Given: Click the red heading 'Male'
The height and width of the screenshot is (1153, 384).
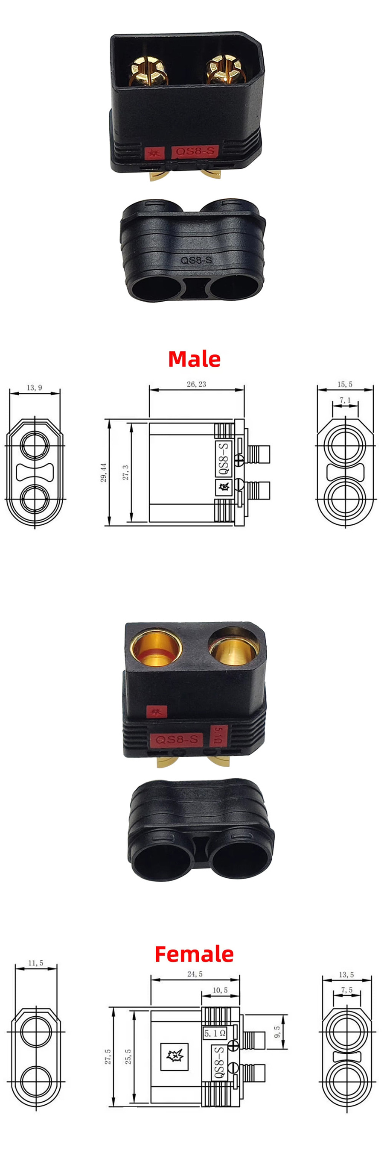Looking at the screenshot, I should (x=194, y=359).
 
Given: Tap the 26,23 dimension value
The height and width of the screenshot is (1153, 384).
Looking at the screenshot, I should (x=196, y=384).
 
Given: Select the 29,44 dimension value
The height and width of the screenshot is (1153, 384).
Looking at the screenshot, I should (x=104, y=472).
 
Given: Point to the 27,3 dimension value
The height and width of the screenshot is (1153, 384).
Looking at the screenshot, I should (x=126, y=472).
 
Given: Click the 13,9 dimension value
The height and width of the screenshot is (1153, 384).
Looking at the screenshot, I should (x=35, y=388).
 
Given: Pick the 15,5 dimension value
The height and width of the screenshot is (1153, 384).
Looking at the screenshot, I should (x=345, y=384).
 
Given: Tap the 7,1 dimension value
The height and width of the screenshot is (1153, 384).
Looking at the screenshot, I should (x=345, y=400).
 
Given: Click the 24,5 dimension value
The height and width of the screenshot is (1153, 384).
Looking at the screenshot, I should (x=195, y=974).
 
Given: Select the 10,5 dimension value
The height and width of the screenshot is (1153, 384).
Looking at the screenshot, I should (x=220, y=990).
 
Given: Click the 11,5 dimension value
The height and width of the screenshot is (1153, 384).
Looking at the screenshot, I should (x=36, y=963).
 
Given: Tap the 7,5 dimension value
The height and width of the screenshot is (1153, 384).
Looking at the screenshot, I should (x=346, y=990).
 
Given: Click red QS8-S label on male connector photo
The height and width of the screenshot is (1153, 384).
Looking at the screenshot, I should (x=195, y=151).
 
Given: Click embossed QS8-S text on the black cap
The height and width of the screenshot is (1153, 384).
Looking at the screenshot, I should (x=196, y=259).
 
